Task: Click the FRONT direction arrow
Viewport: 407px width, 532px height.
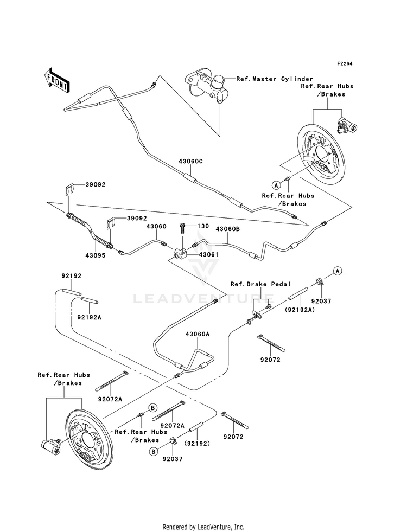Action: (x=57, y=80)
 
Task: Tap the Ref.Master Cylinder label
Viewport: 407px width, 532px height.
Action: (x=275, y=79)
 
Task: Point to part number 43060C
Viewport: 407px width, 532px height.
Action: (x=191, y=161)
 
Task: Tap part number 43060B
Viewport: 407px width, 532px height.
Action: (x=228, y=229)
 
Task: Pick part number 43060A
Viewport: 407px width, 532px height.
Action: (x=197, y=334)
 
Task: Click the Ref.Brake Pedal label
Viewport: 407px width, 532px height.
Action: (x=260, y=284)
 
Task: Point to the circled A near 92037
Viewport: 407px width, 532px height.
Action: (x=337, y=271)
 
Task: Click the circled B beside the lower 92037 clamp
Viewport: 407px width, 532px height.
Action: (x=154, y=451)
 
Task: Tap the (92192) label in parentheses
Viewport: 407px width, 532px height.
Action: (x=197, y=443)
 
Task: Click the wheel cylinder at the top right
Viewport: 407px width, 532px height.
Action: (x=347, y=126)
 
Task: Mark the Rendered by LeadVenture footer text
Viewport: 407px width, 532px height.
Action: (x=203, y=527)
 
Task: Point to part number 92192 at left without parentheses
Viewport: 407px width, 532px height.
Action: (x=72, y=276)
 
